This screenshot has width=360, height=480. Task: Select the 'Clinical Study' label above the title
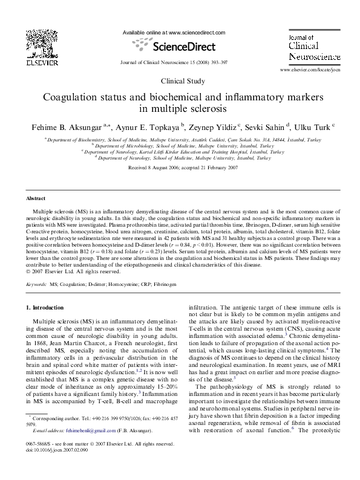pyautogui.click(x=180, y=80)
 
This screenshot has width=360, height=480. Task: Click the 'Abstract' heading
pyautogui.click(x=37, y=198)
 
